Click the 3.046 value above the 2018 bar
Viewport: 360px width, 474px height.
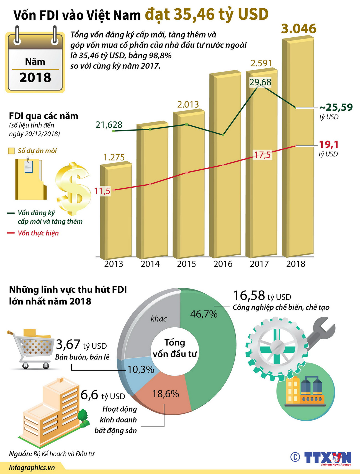(299, 29)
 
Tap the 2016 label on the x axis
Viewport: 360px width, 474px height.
(223, 264)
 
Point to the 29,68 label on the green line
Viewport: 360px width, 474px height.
(260, 82)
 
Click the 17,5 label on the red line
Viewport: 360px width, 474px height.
(263, 155)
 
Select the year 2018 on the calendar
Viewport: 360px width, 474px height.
(35, 77)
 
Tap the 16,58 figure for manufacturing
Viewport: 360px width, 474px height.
(249, 296)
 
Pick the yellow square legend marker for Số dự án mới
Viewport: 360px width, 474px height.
(11, 151)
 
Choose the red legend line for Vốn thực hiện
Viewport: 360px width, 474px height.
(11, 233)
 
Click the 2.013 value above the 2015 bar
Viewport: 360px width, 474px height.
(188, 105)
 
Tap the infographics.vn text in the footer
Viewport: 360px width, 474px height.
(32, 468)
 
